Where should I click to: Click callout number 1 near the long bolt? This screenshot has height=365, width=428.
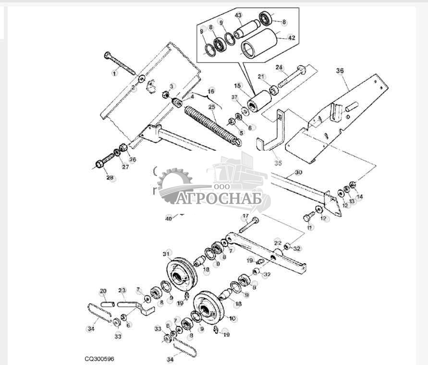pyautogui.click(x=114, y=73)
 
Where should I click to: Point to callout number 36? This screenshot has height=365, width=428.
pyautogui.click(x=340, y=71)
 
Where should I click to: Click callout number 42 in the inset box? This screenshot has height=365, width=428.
pyautogui.click(x=291, y=37)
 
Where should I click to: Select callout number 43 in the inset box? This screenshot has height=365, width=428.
pyautogui.click(x=238, y=15)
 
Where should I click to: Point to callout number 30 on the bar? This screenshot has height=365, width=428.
pyautogui.click(x=298, y=172)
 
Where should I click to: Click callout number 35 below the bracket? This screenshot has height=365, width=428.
pyautogui.click(x=278, y=163)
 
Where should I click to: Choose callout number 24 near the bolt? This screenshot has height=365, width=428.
pyautogui.click(x=279, y=67)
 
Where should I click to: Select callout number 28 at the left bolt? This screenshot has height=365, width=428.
pyautogui.click(x=110, y=178)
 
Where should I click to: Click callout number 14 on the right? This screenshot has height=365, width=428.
pyautogui.click(x=360, y=197)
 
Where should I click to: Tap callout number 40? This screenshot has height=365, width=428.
pyautogui.click(x=168, y=218)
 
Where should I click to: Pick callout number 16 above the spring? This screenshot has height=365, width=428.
pyautogui.click(x=211, y=91)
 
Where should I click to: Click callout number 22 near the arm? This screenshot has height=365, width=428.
pyautogui.click(x=278, y=243)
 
